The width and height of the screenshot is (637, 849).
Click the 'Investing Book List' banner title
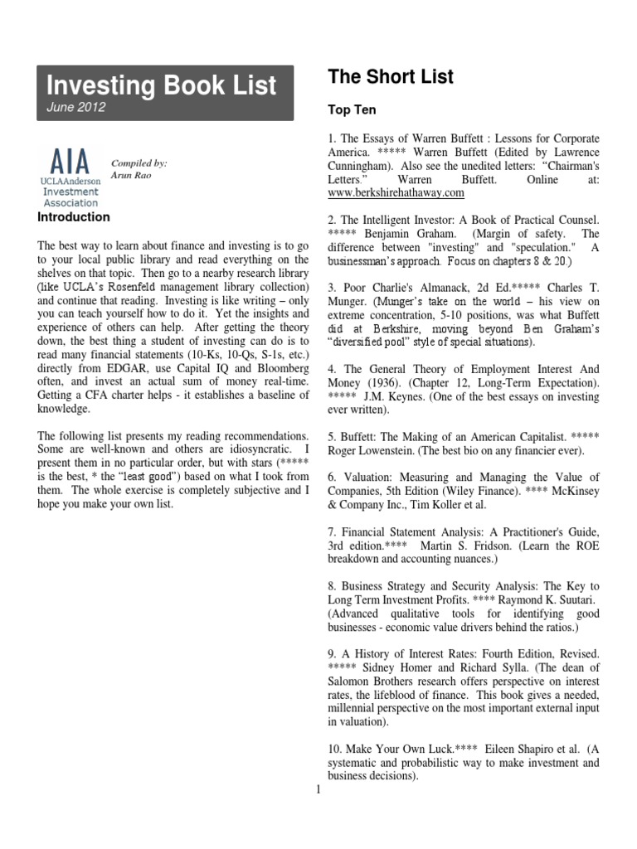(161, 85)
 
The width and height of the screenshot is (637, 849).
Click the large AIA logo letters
(72, 159)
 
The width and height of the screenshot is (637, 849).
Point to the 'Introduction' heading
(75, 217)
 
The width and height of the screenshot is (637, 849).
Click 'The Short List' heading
(391, 77)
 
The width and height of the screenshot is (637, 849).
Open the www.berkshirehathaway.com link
(396, 193)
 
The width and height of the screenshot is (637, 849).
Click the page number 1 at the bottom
(318, 788)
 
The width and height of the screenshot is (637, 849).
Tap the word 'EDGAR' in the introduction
(119, 379)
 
